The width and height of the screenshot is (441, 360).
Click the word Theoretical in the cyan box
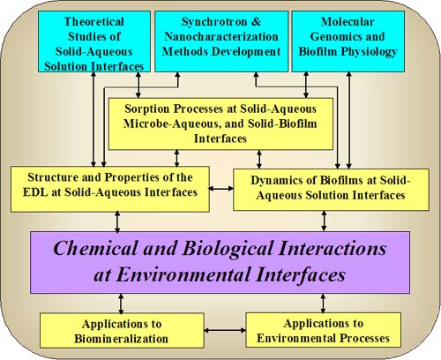[94, 22]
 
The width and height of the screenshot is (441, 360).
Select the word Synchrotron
[214, 22]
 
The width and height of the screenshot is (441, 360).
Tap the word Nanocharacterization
[221, 36]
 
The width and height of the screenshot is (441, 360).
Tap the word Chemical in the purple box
[95, 248]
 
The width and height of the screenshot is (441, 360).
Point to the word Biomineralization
[121, 339]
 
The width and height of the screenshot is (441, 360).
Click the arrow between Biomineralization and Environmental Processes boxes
[225, 330]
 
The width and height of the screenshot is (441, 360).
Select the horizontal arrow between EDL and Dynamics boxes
[220, 189]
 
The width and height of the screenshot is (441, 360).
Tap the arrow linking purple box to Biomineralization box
[121, 304]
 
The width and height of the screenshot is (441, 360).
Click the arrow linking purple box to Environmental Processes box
[323, 304]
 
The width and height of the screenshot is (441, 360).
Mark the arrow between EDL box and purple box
[117, 221]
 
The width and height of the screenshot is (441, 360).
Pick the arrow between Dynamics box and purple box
[324, 221]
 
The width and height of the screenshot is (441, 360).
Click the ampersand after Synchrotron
[257, 22]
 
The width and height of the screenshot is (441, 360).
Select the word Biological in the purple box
[228, 249]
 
